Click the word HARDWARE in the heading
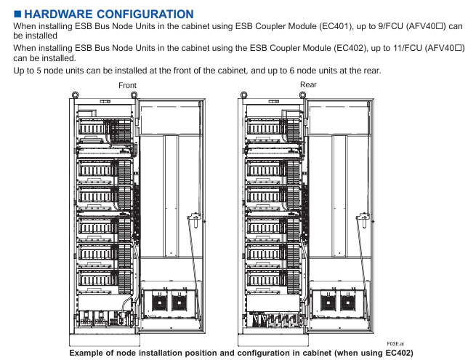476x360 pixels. coord(60,15)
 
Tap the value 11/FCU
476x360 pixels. coord(401,47)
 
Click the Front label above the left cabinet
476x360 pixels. coord(127,86)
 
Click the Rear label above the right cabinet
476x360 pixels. coord(308,85)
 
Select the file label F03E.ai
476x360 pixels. coord(395,343)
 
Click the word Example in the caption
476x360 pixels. coord(89,353)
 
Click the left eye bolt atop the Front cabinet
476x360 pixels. coord(75,93)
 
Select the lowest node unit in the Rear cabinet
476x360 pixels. coord(266,279)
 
